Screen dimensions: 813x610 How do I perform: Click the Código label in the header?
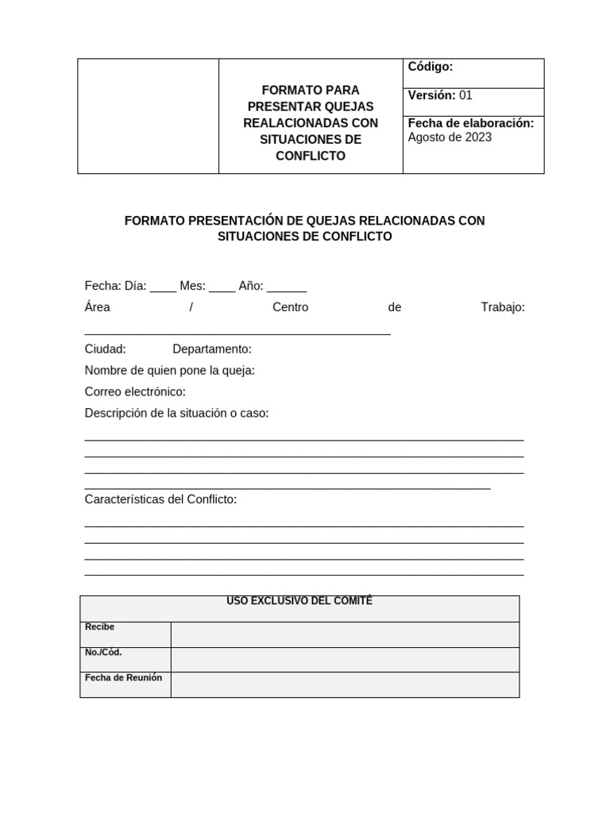pyautogui.click(x=430, y=67)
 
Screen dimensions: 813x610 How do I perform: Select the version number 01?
pyautogui.click(x=465, y=95)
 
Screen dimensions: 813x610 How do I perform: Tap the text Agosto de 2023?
pyautogui.click(x=450, y=137)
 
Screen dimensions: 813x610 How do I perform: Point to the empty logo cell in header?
pyautogui.click(x=148, y=116)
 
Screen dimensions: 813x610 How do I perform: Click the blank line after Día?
pyautogui.click(x=163, y=287)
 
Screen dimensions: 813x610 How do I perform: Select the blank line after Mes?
pyautogui.click(x=222, y=287)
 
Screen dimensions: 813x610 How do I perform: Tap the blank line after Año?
pyautogui.click(x=286, y=287)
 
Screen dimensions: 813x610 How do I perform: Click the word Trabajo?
pyautogui.click(x=503, y=307)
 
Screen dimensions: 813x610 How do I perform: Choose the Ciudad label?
pyautogui.click(x=105, y=349)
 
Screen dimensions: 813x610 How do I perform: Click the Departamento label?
pyautogui.click(x=212, y=349)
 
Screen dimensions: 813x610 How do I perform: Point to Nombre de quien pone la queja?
pyautogui.click(x=170, y=371)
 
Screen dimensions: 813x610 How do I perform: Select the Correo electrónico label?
pyautogui.click(x=135, y=392)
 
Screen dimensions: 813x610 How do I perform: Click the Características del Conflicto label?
pyautogui.click(x=160, y=499)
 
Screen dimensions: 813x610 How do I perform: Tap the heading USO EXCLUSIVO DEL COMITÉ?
pyautogui.click(x=299, y=602)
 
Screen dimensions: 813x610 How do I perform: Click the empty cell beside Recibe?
pyautogui.click(x=345, y=634)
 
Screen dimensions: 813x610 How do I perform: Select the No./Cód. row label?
pyautogui.click(x=103, y=653)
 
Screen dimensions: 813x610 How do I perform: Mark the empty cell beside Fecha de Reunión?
pyautogui.click(x=345, y=684)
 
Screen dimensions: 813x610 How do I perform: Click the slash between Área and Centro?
pyautogui.click(x=191, y=307)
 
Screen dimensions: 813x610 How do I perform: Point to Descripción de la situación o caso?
pyautogui.click(x=176, y=414)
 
